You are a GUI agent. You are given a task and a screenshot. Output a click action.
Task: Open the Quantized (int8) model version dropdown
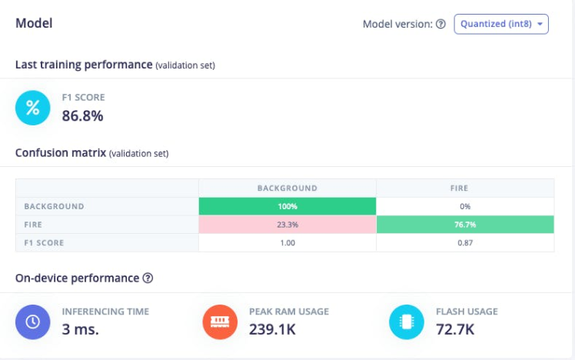(501, 24)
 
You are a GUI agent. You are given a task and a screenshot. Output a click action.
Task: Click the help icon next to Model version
(440, 24)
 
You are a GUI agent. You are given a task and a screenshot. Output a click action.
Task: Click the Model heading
(34, 23)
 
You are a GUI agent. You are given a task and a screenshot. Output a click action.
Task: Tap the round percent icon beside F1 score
(33, 108)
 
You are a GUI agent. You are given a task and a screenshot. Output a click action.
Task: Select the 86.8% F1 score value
(82, 116)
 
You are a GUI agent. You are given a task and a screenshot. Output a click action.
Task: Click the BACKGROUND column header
(287, 188)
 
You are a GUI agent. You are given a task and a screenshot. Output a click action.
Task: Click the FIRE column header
(464, 188)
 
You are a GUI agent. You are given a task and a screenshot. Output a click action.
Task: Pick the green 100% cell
(287, 206)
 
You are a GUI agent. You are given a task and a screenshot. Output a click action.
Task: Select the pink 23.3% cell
(287, 225)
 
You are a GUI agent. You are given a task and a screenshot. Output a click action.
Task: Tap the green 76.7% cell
(464, 225)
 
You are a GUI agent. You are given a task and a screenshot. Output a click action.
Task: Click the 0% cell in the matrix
(464, 206)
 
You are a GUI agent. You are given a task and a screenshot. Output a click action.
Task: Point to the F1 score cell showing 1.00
(287, 242)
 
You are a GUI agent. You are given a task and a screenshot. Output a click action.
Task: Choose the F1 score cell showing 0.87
(464, 242)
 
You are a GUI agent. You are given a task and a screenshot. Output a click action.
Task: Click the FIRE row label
(34, 225)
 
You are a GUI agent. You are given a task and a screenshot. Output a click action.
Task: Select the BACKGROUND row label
(54, 206)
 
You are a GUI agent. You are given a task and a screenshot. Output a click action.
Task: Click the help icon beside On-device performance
(148, 278)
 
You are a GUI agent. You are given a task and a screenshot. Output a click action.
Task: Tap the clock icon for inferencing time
(33, 322)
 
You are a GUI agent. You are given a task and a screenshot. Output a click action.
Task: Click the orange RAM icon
(220, 322)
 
